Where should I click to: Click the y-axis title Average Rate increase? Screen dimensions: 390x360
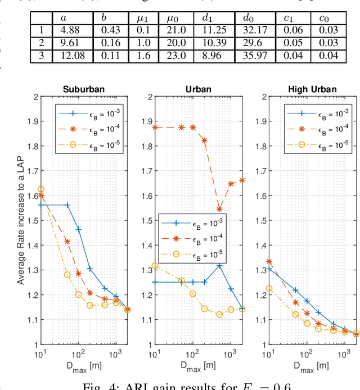tap(21, 220)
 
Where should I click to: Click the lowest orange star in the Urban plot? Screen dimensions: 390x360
tap(220, 209)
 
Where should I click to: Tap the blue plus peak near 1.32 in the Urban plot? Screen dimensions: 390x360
tap(220, 265)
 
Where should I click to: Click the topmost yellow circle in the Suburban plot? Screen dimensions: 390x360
tap(40, 189)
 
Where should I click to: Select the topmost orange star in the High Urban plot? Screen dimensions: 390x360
tap(269, 262)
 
